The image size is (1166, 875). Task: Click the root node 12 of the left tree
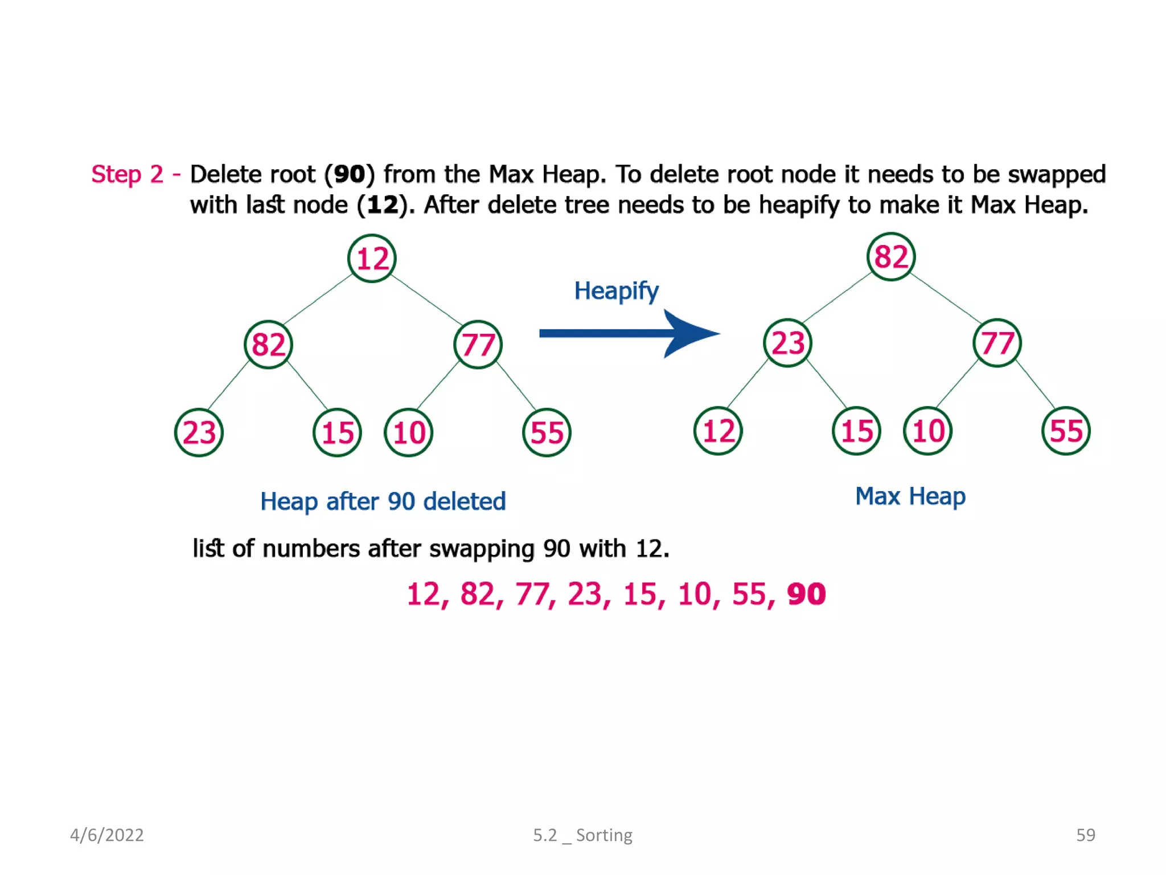(x=372, y=259)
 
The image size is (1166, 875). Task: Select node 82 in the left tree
(x=268, y=345)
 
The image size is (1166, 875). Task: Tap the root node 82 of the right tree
(x=891, y=257)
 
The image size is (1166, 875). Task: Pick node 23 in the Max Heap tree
(x=787, y=343)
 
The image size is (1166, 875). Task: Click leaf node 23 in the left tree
(x=199, y=432)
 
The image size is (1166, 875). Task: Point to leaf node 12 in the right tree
(x=718, y=431)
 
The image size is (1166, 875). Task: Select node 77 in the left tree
(x=478, y=345)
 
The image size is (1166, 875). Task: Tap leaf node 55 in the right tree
(x=1066, y=431)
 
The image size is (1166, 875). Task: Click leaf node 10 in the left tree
(x=409, y=432)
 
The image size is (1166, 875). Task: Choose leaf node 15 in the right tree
(x=856, y=431)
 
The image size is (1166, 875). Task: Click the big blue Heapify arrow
(x=629, y=334)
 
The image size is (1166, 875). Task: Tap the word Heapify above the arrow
(x=616, y=291)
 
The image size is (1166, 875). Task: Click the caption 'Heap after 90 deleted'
(x=383, y=501)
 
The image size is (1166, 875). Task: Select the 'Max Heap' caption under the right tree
(x=910, y=496)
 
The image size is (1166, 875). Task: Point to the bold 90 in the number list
(x=806, y=594)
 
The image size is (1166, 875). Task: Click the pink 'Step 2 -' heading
(x=136, y=174)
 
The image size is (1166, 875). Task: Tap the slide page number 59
(x=1085, y=835)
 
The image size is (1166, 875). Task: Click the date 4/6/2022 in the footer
(x=106, y=835)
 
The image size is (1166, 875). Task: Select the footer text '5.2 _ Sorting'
(x=582, y=835)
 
